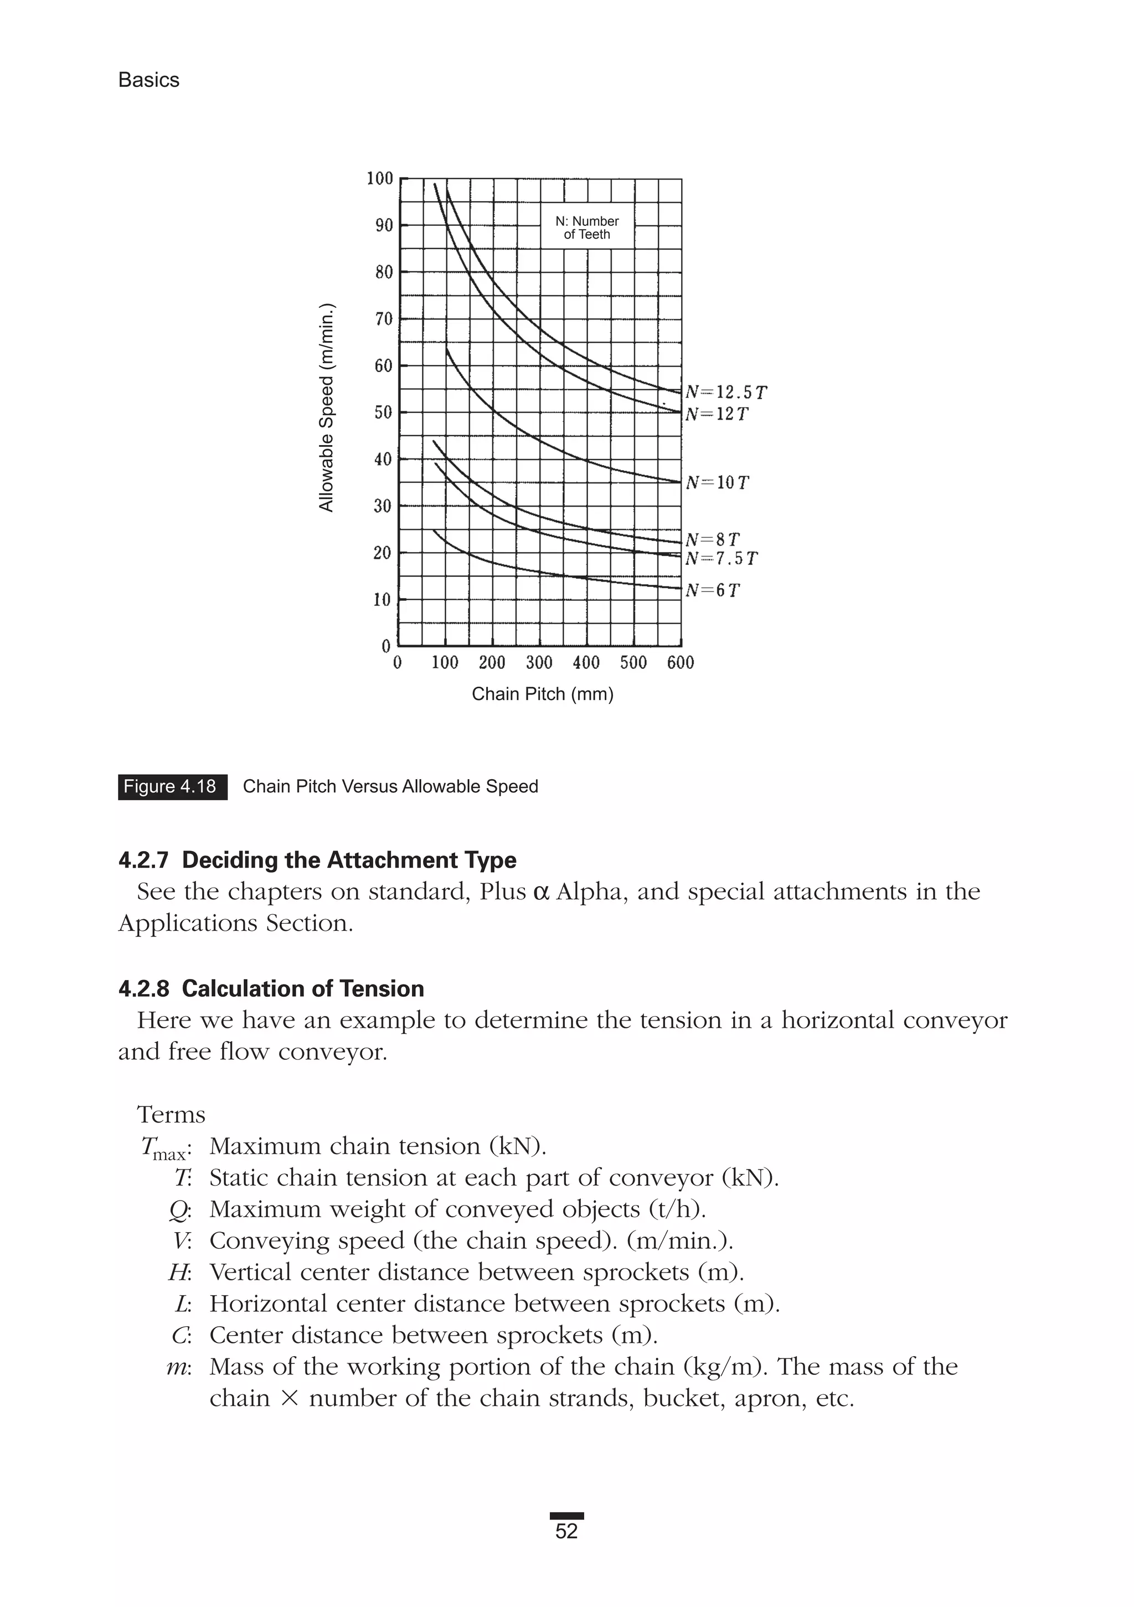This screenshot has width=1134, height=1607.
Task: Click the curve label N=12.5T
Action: click(726, 393)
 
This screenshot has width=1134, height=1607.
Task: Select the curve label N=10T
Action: click(718, 483)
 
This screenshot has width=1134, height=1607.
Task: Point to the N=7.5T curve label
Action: click(721, 559)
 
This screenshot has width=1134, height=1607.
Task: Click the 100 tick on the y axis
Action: click(380, 178)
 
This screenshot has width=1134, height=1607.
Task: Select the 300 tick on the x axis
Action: click(539, 662)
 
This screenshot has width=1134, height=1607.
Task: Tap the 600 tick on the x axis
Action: click(681, 662)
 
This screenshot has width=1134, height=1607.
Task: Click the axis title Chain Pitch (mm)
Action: click(543, 694)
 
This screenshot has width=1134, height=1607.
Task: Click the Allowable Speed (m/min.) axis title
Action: click(327, 408)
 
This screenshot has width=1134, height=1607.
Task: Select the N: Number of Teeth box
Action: click(586, 228)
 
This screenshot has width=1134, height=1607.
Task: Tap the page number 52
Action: click(566, 1531)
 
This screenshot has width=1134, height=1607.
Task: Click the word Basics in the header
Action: click(148, 80)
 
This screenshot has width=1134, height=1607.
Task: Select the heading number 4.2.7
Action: click(143, 860)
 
